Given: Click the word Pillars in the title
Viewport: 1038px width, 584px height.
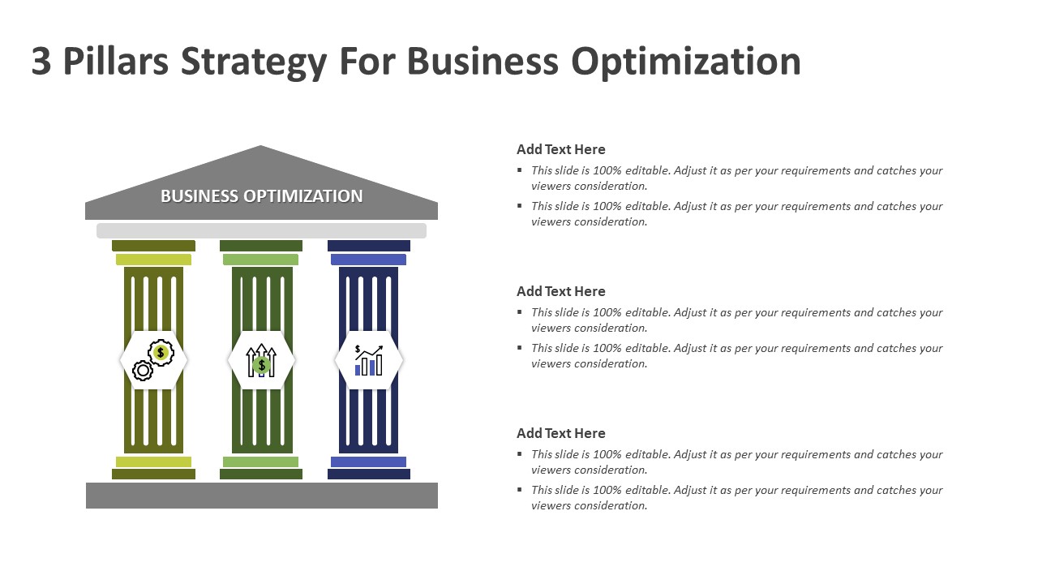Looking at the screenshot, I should coord(117,62).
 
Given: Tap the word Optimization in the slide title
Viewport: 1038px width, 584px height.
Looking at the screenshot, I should coord(686,63).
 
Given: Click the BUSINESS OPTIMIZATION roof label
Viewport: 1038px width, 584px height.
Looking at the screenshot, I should coord(261,196).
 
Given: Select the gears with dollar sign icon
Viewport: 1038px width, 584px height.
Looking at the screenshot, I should coord(153,360).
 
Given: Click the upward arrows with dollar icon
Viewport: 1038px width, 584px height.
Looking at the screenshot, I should coord(261,360).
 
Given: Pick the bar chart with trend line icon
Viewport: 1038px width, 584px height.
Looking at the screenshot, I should coord(368,360).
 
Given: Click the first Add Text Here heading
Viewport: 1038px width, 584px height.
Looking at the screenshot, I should coord(561,149).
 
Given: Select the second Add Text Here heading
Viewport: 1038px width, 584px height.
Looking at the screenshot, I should coord(561,291).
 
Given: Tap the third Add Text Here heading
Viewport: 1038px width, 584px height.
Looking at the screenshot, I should coord(561,433).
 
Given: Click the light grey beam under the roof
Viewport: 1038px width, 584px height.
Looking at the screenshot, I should coord(261,230).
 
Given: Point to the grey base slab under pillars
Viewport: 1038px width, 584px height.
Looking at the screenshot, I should coord(261,496).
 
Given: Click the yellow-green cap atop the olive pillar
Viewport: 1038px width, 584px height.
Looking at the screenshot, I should coord(153,260).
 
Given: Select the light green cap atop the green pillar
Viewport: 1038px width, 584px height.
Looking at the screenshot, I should coord(261,260).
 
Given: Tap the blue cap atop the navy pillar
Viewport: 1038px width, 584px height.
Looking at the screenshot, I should coord(368,260).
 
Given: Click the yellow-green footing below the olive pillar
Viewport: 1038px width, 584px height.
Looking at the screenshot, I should coord(153,462).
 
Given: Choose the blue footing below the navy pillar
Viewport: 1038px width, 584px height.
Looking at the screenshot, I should coord(368,462).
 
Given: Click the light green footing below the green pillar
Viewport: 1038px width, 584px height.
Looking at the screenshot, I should coord(261,462).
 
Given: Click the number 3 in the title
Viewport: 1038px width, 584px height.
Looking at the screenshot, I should coord(41,62).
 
